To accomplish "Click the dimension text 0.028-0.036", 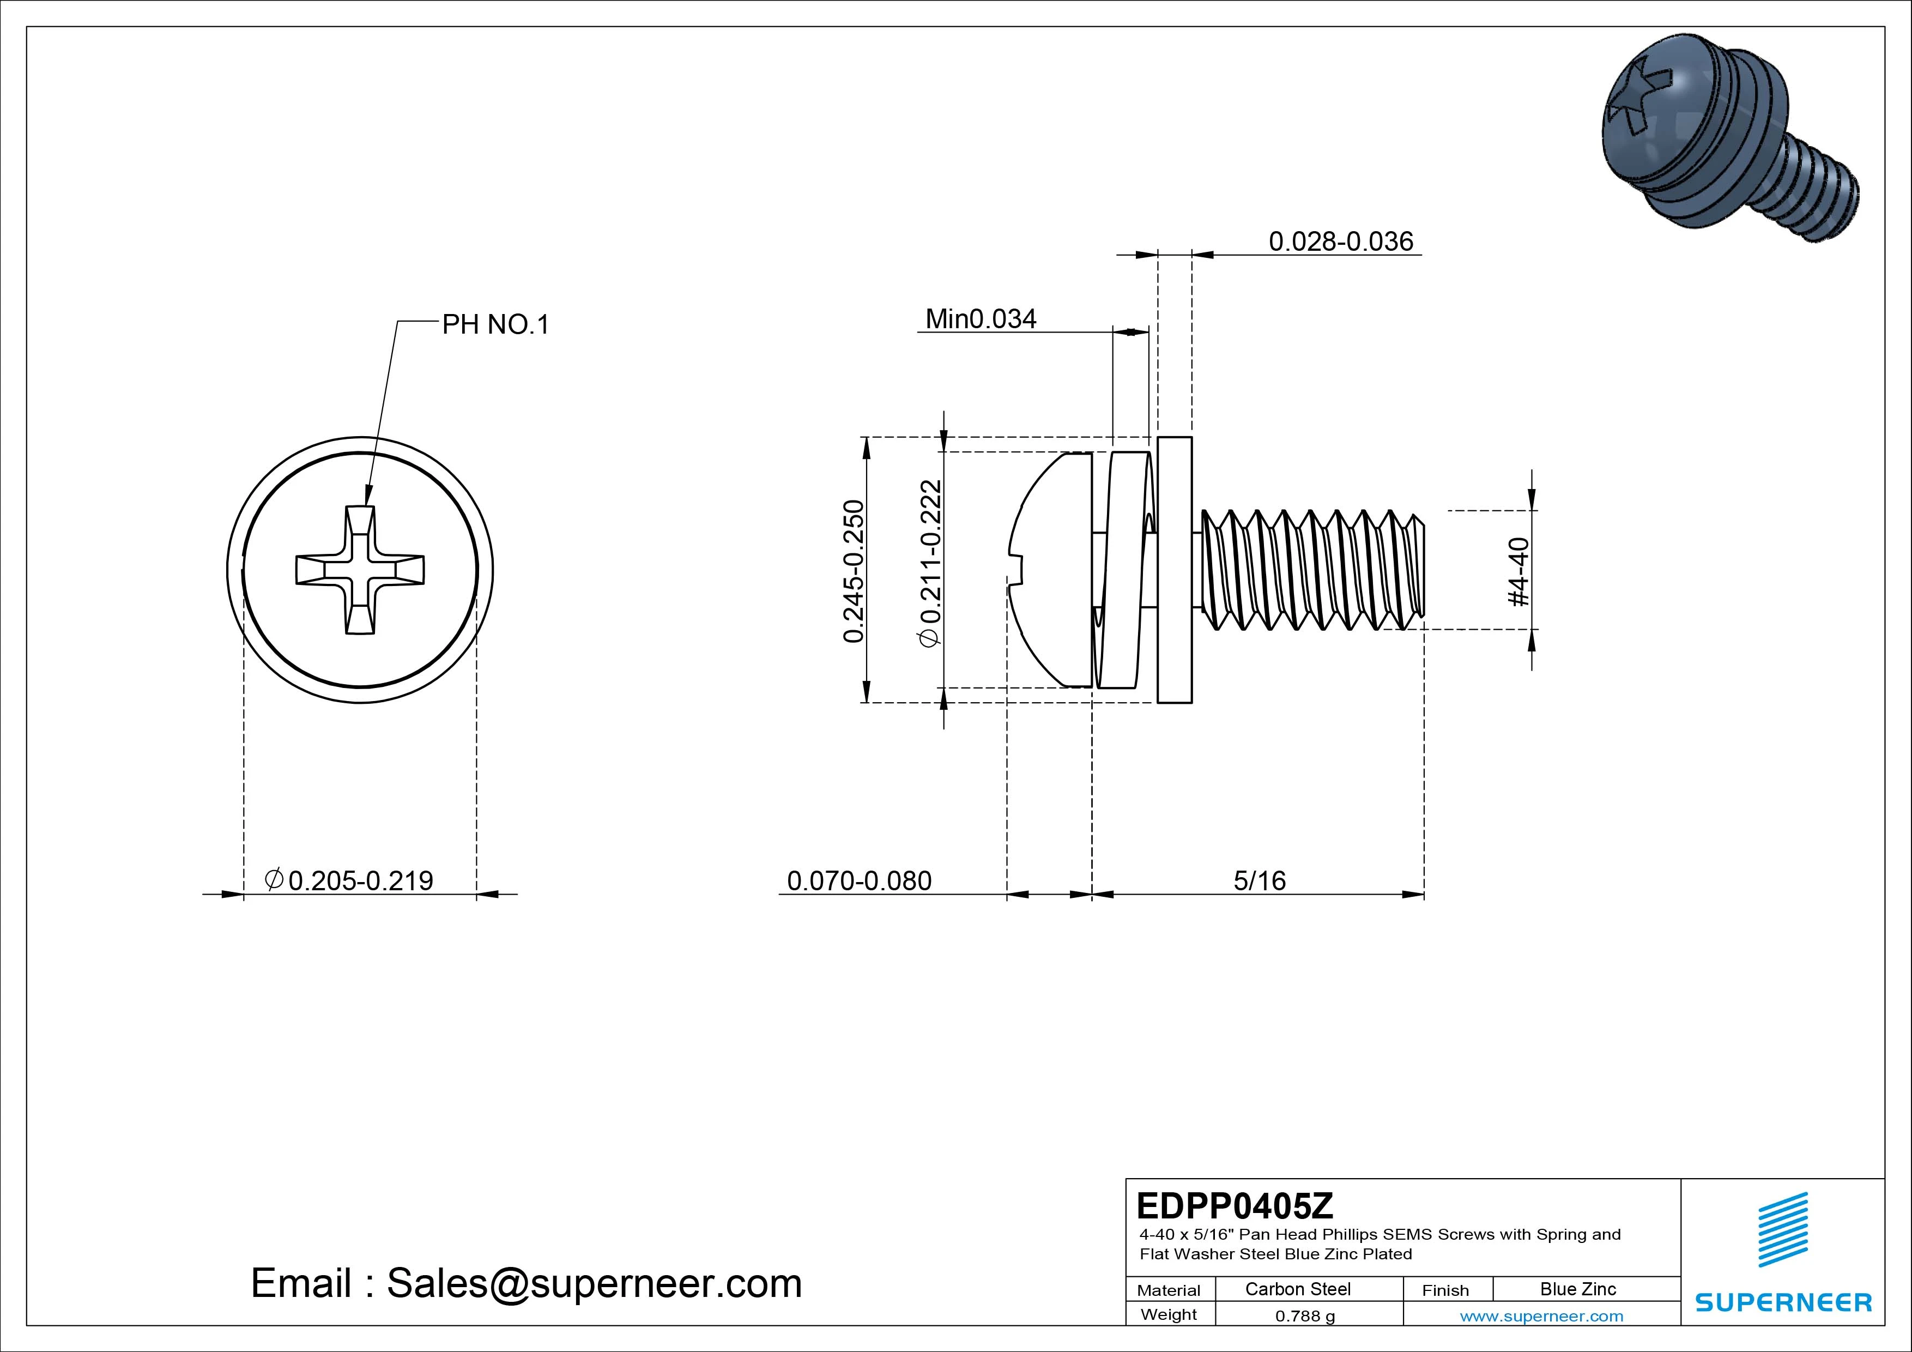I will point(1341,241).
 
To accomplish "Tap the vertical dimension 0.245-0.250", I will point(854,571).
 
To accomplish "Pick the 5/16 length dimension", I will point(1259,880).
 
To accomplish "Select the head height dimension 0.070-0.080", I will point(858,880).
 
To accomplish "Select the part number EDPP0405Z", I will point(1234,1205).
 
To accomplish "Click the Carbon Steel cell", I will point(1297,1289).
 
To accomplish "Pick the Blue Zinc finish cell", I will point(1577,1289).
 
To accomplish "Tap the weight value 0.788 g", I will point(1305,1316).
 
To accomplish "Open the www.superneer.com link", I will point(1541,1316).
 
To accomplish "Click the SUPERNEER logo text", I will point(1783,1302).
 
